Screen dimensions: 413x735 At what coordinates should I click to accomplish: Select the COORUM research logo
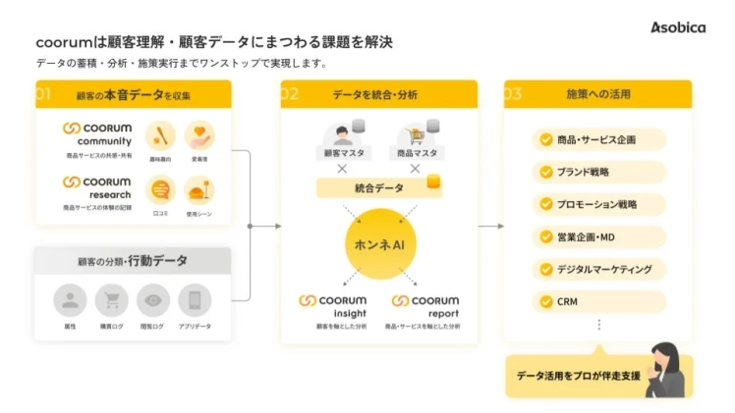(x=96, y=187)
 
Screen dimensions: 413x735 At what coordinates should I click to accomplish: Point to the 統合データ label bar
(x=378, y=187)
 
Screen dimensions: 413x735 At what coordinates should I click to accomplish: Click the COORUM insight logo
(x=332, y=305)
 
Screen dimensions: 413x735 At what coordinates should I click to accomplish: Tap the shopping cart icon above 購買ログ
(x=111, y=300)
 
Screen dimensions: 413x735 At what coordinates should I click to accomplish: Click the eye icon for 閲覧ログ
(x=152, y=300)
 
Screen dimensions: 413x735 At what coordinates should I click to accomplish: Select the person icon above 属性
(x=69, y=300)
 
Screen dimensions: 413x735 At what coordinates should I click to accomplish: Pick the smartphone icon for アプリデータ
(x=195, y=300)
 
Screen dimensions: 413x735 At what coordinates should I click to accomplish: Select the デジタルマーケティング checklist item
(x=597, y=269)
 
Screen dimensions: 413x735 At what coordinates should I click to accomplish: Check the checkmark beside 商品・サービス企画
(x=545, y=139)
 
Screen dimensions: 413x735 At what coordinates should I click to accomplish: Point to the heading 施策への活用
(x=598, y=95)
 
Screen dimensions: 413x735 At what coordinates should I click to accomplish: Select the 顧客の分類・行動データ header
(x=133, y=261)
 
